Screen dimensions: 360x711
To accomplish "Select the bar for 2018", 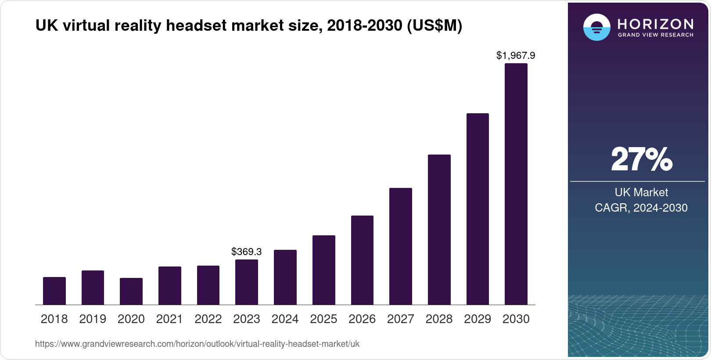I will [x=54, y=291].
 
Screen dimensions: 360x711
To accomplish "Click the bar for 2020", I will [x=131, y=291].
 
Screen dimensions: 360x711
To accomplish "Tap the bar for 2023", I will [x=247, y=282].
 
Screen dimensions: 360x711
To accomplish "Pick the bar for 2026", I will [x=362, y=260].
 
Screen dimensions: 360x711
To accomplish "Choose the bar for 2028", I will [x=439, y=230].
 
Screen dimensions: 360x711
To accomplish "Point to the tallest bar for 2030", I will [x=516, y=184].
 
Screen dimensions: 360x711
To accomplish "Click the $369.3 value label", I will [x=247, y=252].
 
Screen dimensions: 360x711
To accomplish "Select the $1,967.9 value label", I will [x=516, y=55].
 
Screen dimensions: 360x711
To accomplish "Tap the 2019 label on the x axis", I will [x=93, y=319].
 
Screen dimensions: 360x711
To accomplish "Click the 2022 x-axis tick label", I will [x=208, y=319].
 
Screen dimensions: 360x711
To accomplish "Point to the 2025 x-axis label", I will [x=323, y=319].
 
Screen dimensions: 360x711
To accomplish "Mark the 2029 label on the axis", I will [x=478, y=319].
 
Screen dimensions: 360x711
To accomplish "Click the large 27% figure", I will [x=641, y=159].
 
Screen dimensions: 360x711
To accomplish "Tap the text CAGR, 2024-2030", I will [x=641, y=208].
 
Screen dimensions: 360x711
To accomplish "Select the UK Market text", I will [x=641, y=192].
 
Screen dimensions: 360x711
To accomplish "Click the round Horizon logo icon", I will [x=596, y=27].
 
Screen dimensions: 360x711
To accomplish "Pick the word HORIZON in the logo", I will [x=655, y=24].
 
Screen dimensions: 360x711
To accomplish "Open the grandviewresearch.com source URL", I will [x=197, y=344].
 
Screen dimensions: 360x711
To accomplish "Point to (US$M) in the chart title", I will [x=434, y=25].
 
